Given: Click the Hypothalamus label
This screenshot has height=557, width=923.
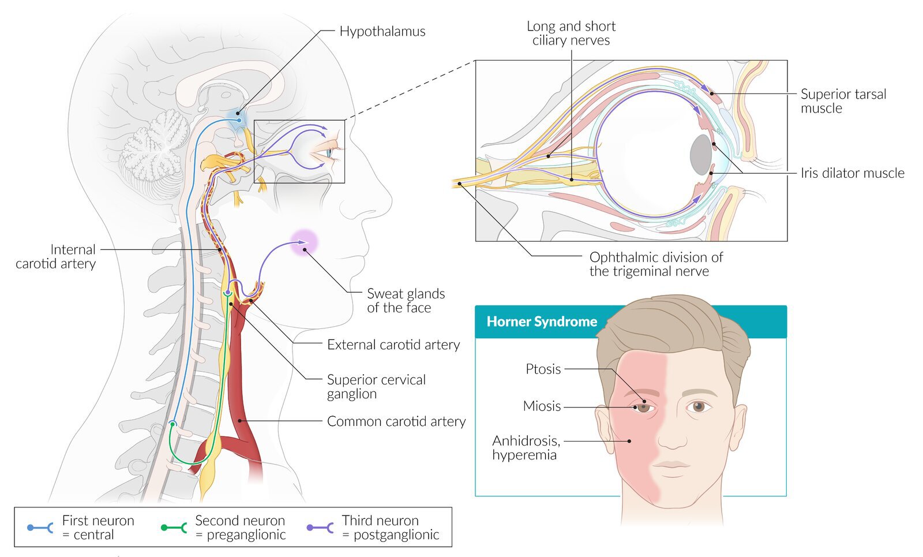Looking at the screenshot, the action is tap(382, 32).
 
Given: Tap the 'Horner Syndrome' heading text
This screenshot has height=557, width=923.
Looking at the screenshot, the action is tap(542, 322).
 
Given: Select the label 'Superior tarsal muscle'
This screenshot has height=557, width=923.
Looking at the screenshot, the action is tap(843, 101).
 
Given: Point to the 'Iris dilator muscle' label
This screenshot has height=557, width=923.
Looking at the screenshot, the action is tap(853, 173).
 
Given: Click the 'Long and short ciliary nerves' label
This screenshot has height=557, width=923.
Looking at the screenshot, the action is tap(571, 33).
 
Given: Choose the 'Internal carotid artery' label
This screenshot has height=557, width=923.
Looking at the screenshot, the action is tap(55, 256).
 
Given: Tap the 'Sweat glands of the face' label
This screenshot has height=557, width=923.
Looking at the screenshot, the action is tap(406, 301).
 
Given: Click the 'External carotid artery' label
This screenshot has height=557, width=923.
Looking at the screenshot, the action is tap(393, 345).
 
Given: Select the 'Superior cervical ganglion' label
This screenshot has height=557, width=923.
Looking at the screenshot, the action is tap(376, 387).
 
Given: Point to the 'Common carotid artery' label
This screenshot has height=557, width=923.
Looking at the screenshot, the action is tap(396, 421).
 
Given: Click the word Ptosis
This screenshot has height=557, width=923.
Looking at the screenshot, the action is tap(543, 369).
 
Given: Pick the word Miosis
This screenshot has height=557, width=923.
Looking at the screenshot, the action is tap(542, 406).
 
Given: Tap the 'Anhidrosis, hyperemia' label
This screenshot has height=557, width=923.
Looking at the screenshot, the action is tap(526, 448).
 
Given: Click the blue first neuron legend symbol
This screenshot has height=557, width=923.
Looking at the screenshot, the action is tap(40, 528).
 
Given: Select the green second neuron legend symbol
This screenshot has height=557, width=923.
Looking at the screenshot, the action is tap(174, 528).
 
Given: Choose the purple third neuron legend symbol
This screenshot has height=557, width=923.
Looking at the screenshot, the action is tap(320, 528).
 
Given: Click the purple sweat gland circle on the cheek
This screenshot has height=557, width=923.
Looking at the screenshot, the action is tap(304, 242).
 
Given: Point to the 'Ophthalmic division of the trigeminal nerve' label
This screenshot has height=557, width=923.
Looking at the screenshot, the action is tap(656, 264).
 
